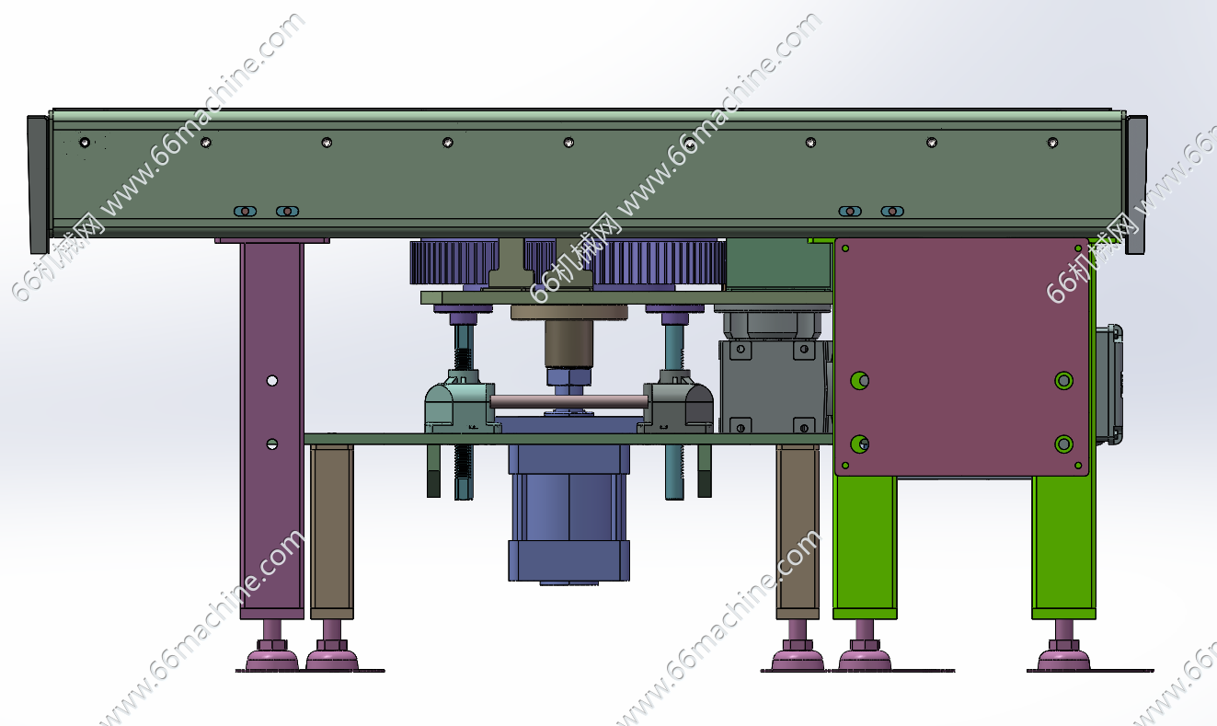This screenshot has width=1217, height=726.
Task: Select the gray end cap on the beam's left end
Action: pyautogui.click(x=38, y=184)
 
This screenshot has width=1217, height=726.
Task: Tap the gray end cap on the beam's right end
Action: pyautogui.click(x=1136, y=184)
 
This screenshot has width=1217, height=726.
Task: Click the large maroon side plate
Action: pyautogui.click(x=961, y=357)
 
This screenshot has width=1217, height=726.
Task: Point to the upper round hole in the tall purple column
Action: pyautogui.click(x=272, y=380)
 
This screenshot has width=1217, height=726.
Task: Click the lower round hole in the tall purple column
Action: pyautogui.click(x=272, y=444)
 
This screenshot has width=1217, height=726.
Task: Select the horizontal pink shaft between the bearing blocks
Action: pyautogui.click(x=568, y=401)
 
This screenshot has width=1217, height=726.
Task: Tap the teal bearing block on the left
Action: pyautogui.click(x=460, y=402)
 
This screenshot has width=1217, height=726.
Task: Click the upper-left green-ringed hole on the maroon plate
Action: pyautogui.click(x=859, y=380)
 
